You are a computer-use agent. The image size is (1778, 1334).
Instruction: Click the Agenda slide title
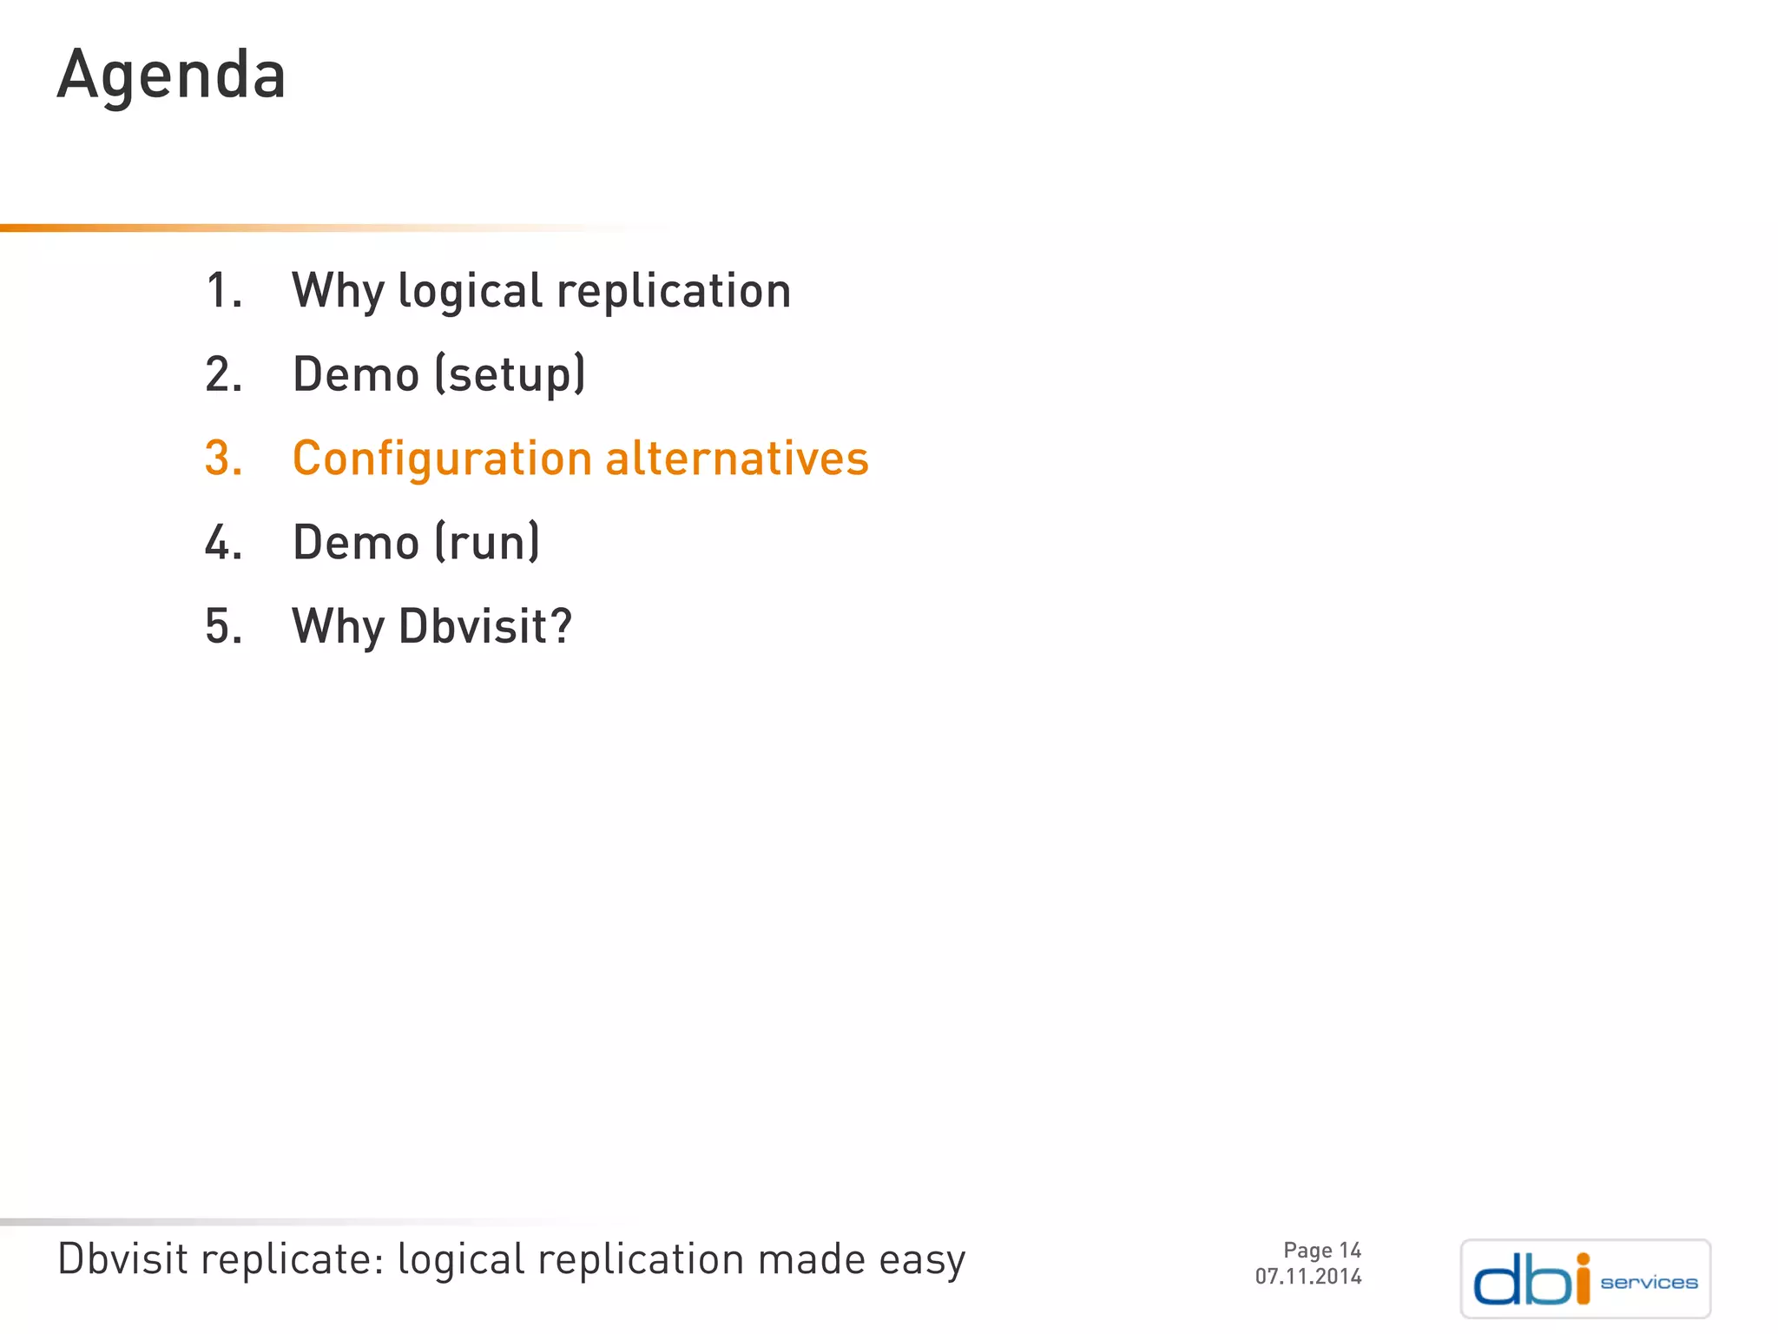click(171, 76)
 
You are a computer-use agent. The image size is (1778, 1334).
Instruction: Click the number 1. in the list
click(222, 290)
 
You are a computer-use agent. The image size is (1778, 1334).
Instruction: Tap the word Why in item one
click(338, 292)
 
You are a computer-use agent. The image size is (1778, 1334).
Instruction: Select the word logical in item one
click(470, 292)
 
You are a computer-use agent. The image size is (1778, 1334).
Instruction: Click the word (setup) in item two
click(510, 375)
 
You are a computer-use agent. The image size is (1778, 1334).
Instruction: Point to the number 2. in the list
click(222, 374)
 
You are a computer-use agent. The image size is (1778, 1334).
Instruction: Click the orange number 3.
click(222, 459)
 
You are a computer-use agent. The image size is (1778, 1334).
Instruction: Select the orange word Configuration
click(442, 459)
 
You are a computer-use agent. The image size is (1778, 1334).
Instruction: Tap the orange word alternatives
click(736, 459)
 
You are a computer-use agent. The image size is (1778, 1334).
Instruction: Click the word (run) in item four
click(487, 543)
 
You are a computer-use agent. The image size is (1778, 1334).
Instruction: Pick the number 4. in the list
click(222, 543)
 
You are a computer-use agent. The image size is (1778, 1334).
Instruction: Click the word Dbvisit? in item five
click(484, 626)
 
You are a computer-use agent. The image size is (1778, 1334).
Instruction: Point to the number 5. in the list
click(222, 626)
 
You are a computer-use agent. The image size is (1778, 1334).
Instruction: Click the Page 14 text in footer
click(1321, 1250)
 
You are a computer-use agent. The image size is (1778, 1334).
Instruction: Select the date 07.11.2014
click(1307, 1276)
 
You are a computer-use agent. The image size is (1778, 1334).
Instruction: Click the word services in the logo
click(1648, 1283)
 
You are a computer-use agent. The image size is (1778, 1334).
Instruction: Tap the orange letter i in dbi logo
click(1583, 1278)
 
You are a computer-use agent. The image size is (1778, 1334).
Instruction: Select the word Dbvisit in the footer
click(122, 1258)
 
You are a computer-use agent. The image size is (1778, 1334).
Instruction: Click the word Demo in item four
click(356, 543)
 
